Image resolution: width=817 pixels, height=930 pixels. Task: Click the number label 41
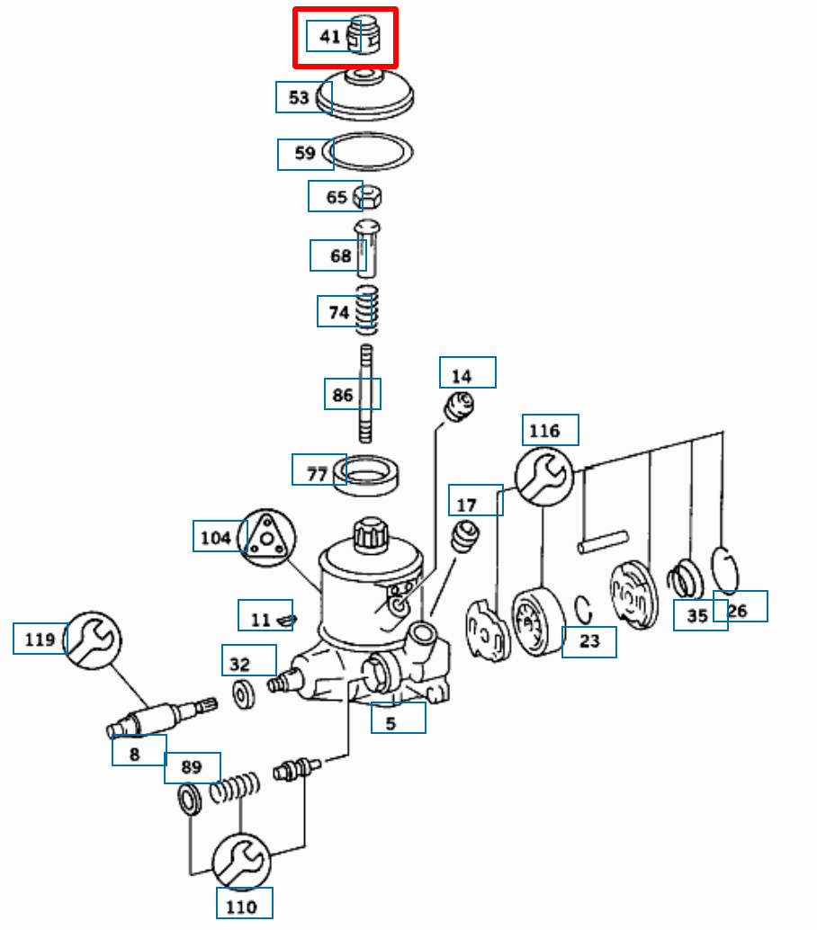[x=330, y=37]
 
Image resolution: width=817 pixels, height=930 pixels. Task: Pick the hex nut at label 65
[x=369, y=195]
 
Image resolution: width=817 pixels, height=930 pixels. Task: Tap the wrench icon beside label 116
[x=544, y=476]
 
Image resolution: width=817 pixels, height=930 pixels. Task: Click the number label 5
[x=391, y=721]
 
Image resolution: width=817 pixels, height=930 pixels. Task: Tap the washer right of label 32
[x=243, y=695]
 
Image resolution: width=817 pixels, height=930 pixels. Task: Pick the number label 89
[x=192, y=767]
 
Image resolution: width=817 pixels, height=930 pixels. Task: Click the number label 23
[x=589, y=642]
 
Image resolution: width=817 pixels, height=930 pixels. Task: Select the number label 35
[x=698, y=616]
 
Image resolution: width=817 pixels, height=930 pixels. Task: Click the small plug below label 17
[x=465, y=537]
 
